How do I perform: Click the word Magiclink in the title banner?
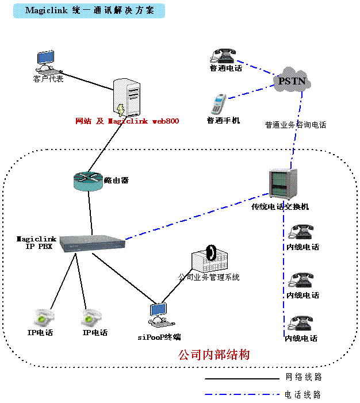point(43,11)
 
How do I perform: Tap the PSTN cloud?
point(294,81)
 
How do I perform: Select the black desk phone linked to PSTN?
point(223,55)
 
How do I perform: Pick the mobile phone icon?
point(219,104)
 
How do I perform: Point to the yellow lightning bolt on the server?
point(120,109)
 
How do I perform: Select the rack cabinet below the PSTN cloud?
point(283,184)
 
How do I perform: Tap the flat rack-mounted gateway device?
point(92,243)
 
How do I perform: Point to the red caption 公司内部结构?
point(214,355)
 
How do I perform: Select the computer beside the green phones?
point(158,315)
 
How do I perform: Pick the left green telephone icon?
point(44,318)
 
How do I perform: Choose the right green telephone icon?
point(91,318)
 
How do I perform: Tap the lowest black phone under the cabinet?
point(300,323)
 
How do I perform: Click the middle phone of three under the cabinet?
point(301,280)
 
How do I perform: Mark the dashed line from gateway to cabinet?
point(196,216)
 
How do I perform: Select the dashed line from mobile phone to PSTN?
point(251,93)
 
